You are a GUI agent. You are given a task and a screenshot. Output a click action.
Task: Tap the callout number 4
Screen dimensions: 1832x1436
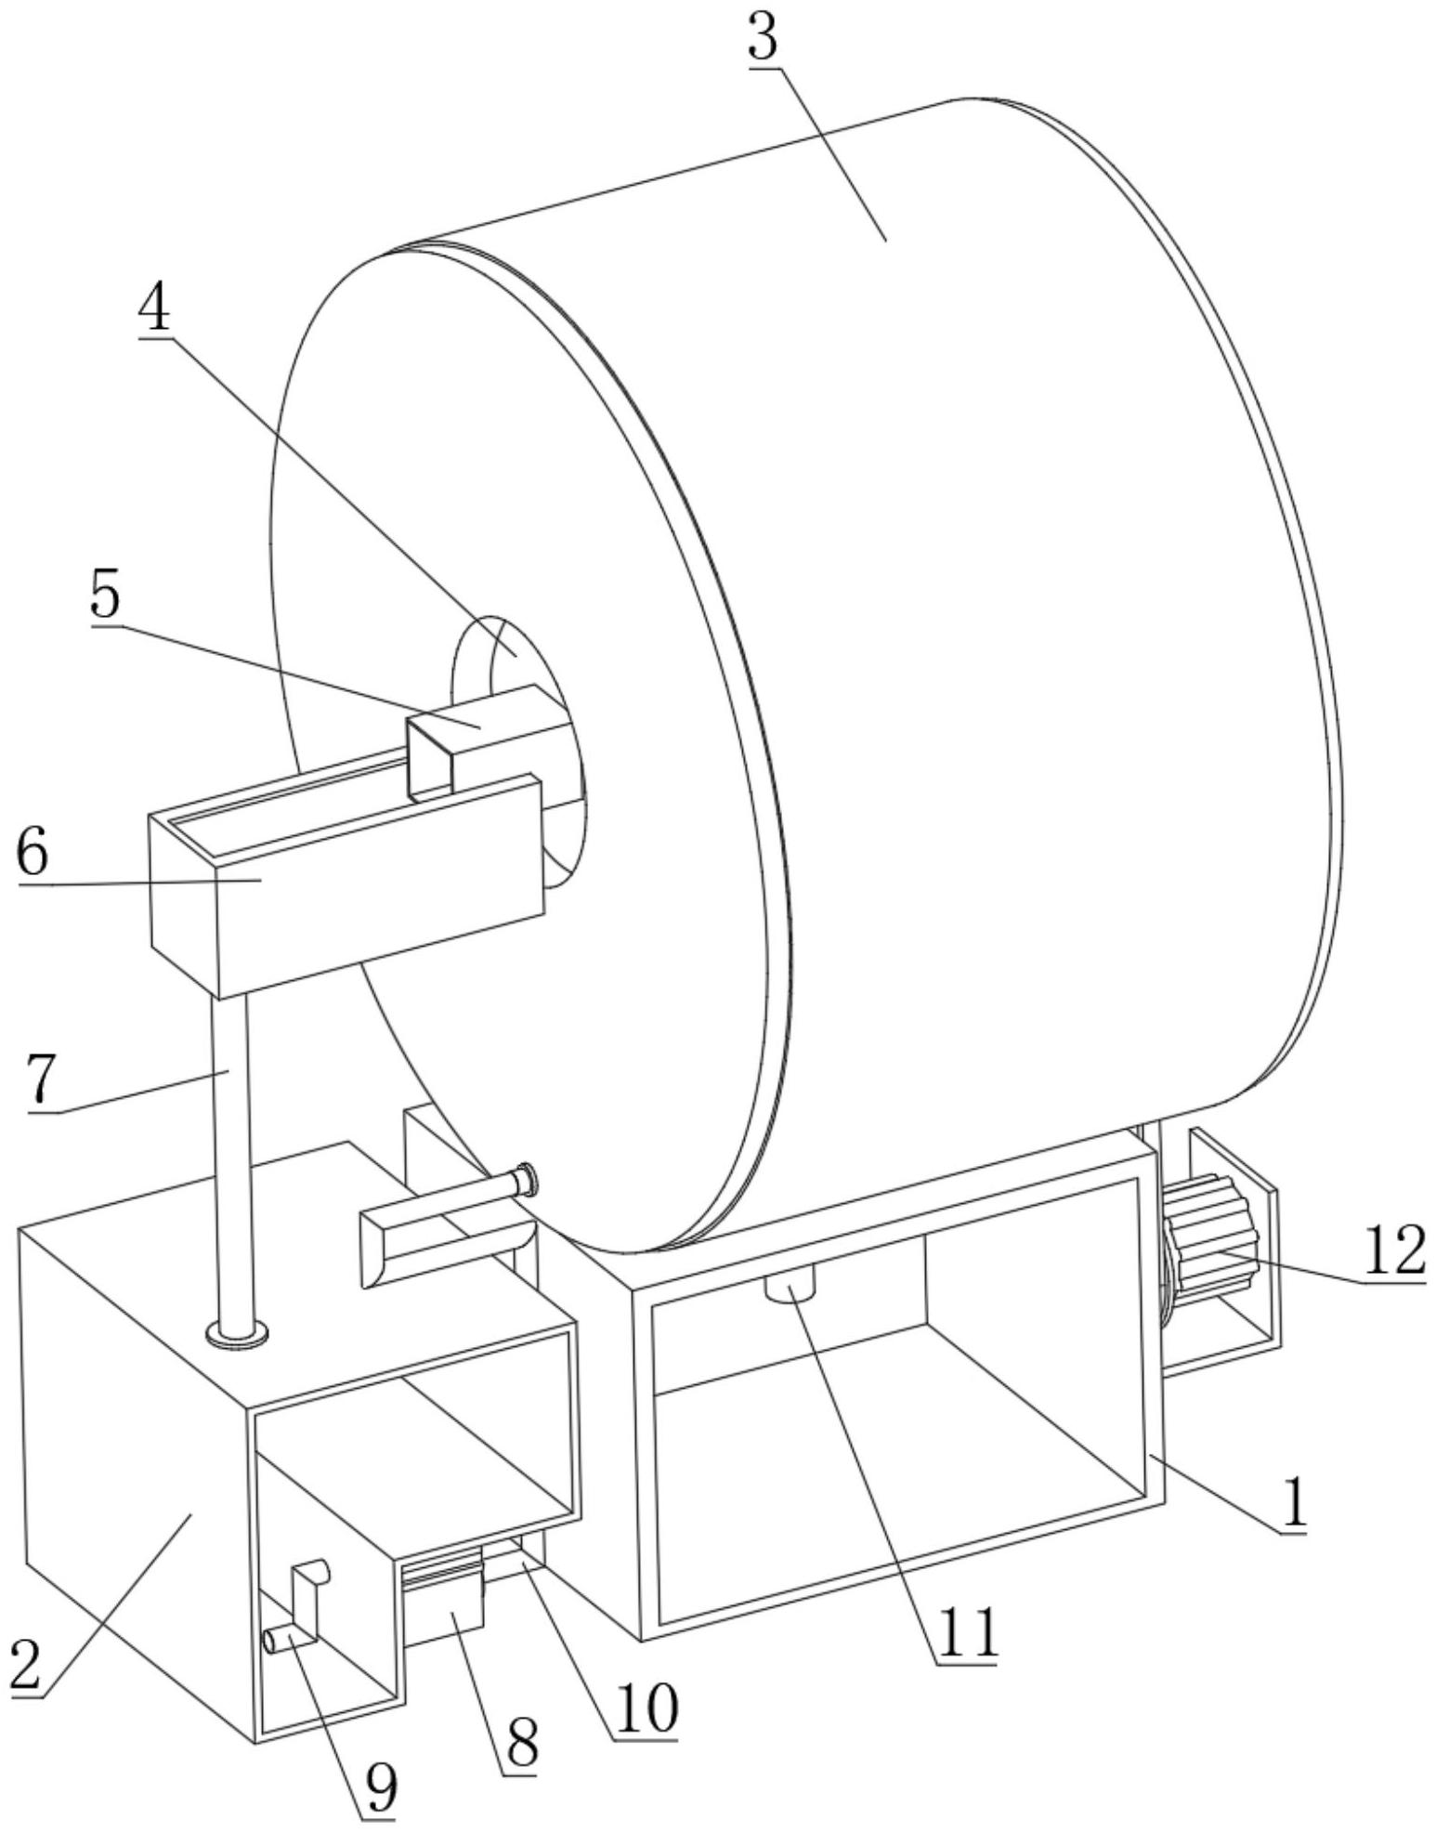pos(154,310)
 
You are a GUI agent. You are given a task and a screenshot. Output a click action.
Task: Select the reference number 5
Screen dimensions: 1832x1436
pos(105,595)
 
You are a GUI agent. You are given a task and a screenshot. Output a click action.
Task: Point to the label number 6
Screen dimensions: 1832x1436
pos(33,853)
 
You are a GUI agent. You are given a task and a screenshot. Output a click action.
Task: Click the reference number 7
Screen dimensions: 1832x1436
pos(42,1080)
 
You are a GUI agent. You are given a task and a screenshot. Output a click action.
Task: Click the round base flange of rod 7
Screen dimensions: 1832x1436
pos(239,1335)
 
